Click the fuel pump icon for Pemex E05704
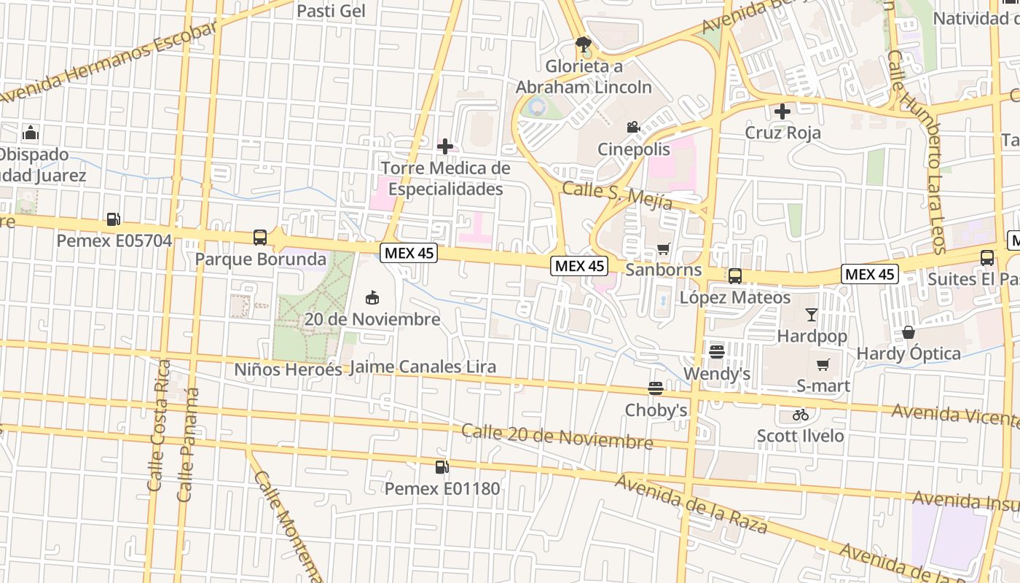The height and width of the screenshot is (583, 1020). pyautogui.click(x=113, y=219)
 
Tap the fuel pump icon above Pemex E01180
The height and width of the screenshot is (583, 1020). pyautogui.click(x=442, y=467)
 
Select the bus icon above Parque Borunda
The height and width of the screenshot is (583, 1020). pyautogui.click(x=260, y=237)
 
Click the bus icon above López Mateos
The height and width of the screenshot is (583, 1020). pyautogui.click(x=734, y=276)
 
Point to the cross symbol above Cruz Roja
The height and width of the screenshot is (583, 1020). pyautogui.click(x=782, y=111)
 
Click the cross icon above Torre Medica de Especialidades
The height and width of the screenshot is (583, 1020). pyautogui.click(x=444, y=146)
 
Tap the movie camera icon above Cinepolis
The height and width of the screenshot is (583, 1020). pyautogui.click(x=633, y=128)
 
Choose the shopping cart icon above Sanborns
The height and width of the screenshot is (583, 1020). pyautogui.click(x=663, y=249)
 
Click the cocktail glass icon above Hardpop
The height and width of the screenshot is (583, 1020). pyautogui.click(x=811, y=315)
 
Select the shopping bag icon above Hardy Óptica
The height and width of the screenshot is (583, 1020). pyautogui.click(x=909, y=332)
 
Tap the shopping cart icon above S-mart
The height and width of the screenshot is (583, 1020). pyautogui.click(x=823, y=364)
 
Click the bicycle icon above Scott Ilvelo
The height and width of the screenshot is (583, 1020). pyautogui.click(x=800, y=415)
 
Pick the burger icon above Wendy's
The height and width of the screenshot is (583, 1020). pyautogui.click(x=716, y=352)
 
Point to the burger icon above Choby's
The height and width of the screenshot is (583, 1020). pyautogui.click(x=656, y=388)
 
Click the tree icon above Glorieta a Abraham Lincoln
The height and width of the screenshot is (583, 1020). pyautogui.click(x=582, y=44)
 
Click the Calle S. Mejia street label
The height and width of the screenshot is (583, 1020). pyautogui.click(x=616, y=195)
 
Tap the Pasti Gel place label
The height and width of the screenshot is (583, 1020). pyautogui.click(x=331, y=11)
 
